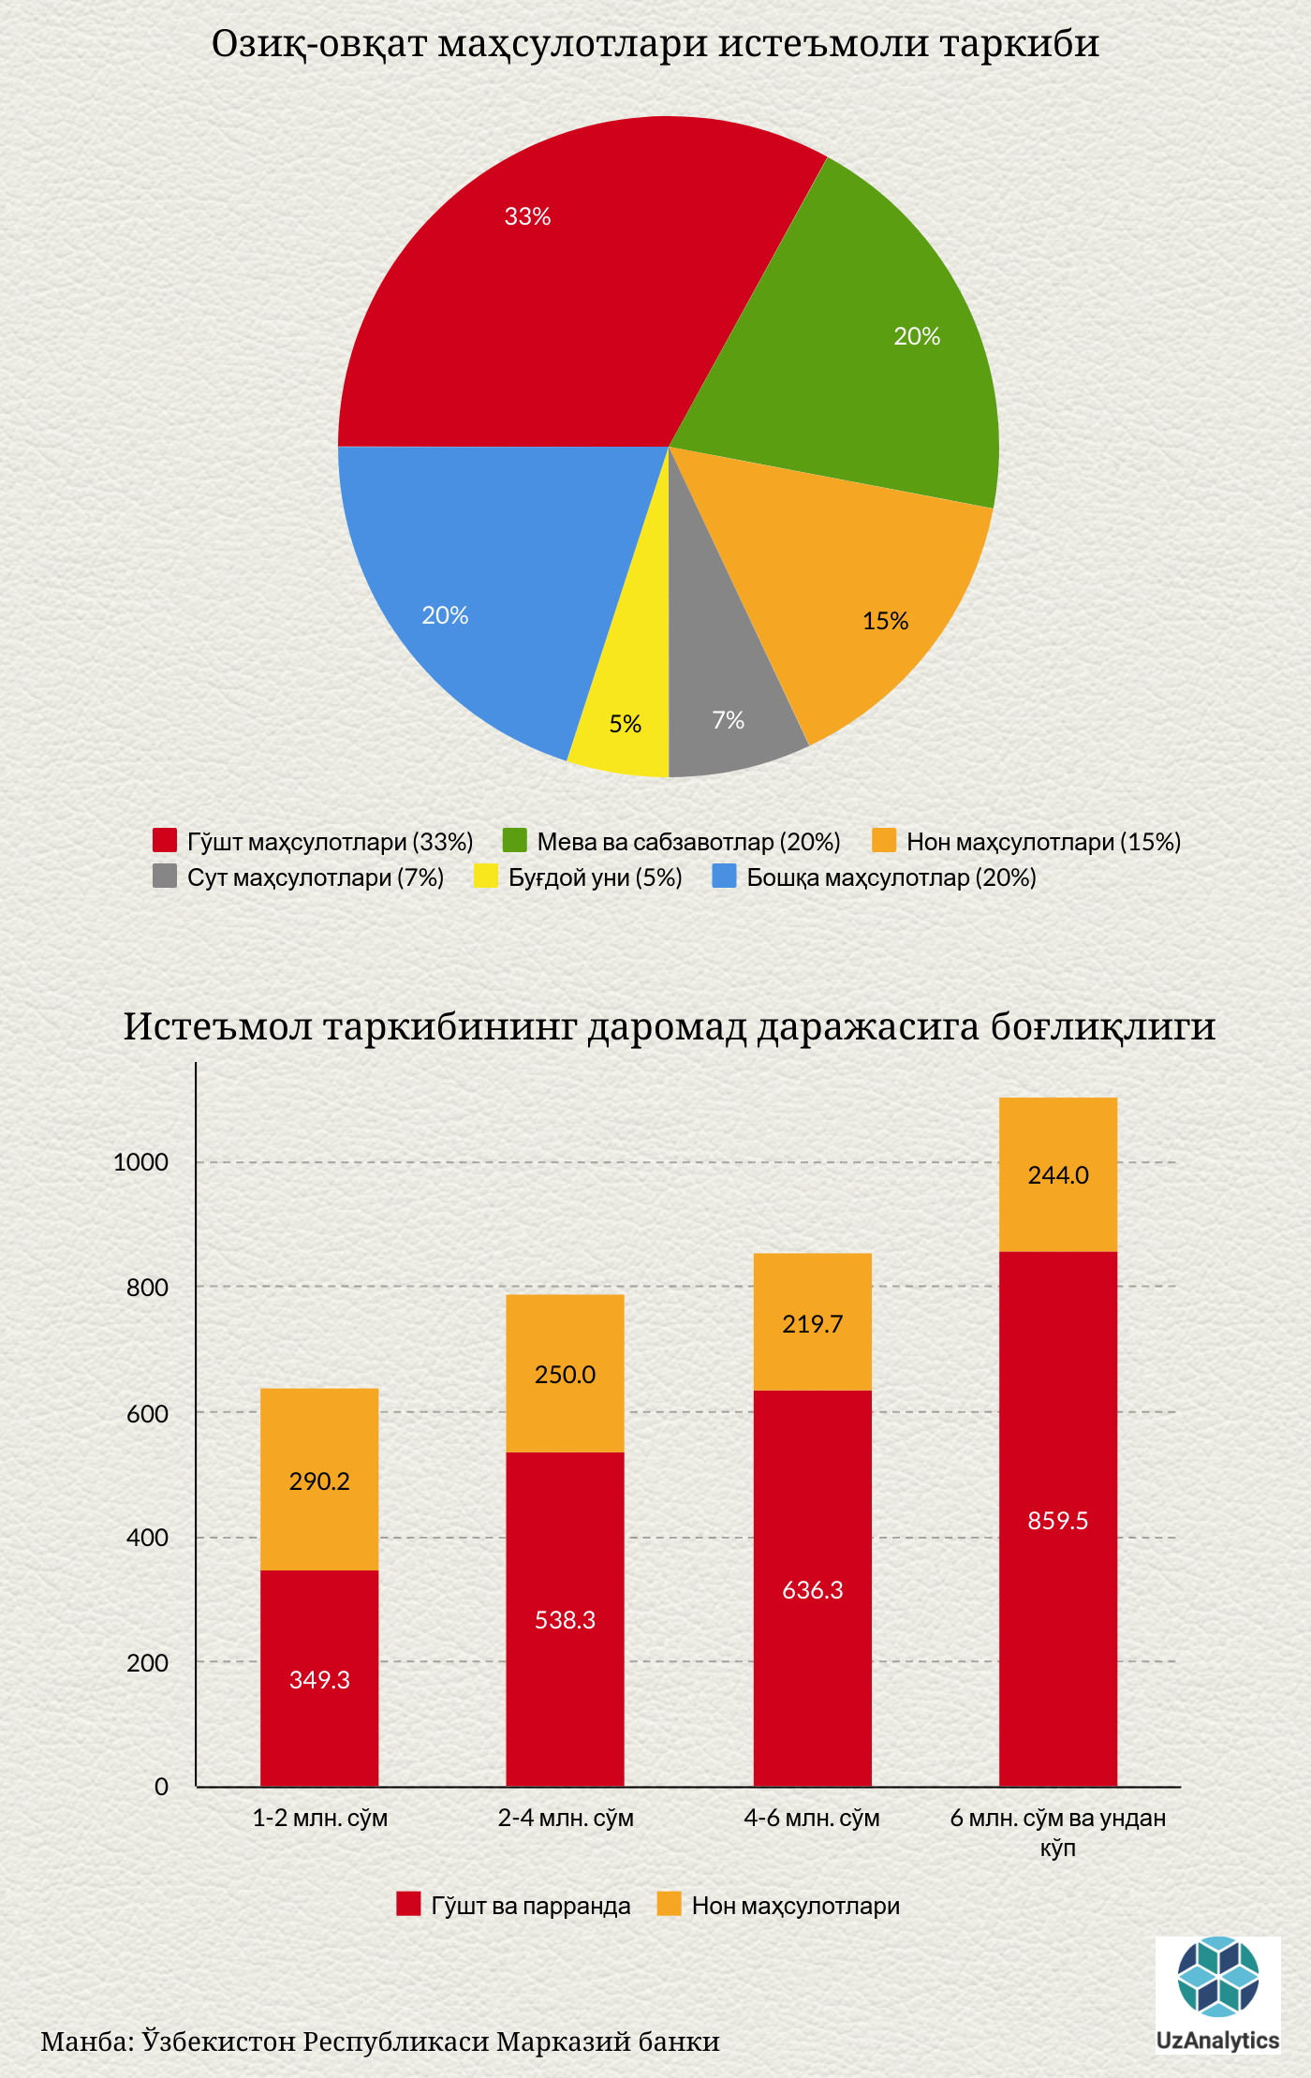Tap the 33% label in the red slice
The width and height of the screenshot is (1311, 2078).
coord(527,216)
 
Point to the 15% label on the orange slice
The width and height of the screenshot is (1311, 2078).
coord(885,621)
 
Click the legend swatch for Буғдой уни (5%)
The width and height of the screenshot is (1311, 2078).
coord(486,877)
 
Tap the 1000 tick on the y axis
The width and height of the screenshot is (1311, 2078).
coord(140,1162)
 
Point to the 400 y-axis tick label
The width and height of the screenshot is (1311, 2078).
coord(147,1538)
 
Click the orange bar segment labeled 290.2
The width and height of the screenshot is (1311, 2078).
coord(319,1480)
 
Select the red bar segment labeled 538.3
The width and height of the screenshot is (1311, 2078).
coord(565,1620)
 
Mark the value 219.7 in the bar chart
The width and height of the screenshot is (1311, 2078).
coord(812,1323)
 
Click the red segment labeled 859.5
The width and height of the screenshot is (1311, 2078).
coord(1058,1519)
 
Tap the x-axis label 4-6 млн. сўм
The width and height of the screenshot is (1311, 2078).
coord(812,1818)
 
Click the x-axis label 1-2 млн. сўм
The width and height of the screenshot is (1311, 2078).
coord(319,1818)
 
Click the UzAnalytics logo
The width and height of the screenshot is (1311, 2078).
coord(1217,1994)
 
